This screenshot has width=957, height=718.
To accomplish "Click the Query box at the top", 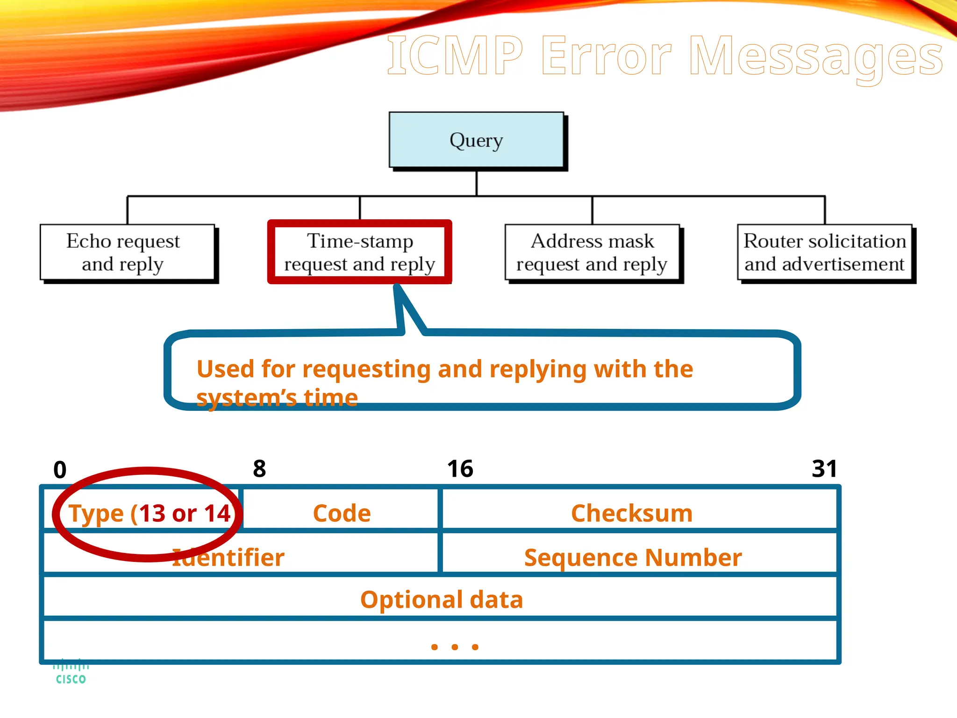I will coord(476,140).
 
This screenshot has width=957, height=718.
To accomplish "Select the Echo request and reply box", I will coord(123,252).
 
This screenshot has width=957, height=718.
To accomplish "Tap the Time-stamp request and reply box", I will coord(360,252).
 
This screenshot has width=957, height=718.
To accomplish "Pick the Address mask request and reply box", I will coord(592,252).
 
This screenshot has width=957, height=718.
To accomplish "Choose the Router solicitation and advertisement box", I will coord(825,252).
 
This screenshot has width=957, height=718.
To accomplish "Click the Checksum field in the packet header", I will coord(632,513).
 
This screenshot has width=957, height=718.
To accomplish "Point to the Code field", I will coord(342,513).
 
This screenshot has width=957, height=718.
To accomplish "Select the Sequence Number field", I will coord(633,558).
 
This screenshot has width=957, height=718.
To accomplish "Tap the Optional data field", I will coord(442,600).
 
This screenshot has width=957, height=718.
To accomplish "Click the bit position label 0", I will coord(60,470).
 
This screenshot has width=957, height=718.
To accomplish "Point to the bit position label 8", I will coord(259,469).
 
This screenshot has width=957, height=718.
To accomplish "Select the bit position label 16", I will coord(460,469).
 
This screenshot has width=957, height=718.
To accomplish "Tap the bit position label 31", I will coord(824,469).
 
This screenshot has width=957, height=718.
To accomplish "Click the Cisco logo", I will coord(71,672).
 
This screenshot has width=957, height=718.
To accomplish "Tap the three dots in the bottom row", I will coord(455,647).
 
